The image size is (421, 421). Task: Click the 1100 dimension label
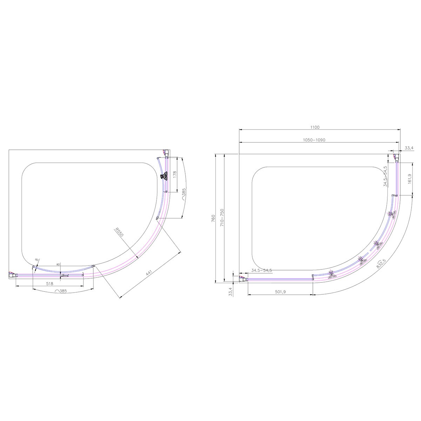click(314, 127)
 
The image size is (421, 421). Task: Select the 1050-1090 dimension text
click(314, 140)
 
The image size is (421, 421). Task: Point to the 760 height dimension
click(213, 219)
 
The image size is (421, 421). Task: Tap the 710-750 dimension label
click(222, 218)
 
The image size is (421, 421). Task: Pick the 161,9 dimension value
click(409, 179)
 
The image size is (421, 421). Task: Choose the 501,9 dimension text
click(280, 292)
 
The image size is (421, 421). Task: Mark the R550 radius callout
click(120, 232)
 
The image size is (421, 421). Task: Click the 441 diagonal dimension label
click(149, 273)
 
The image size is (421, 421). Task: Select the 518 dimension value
click(49, 283)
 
